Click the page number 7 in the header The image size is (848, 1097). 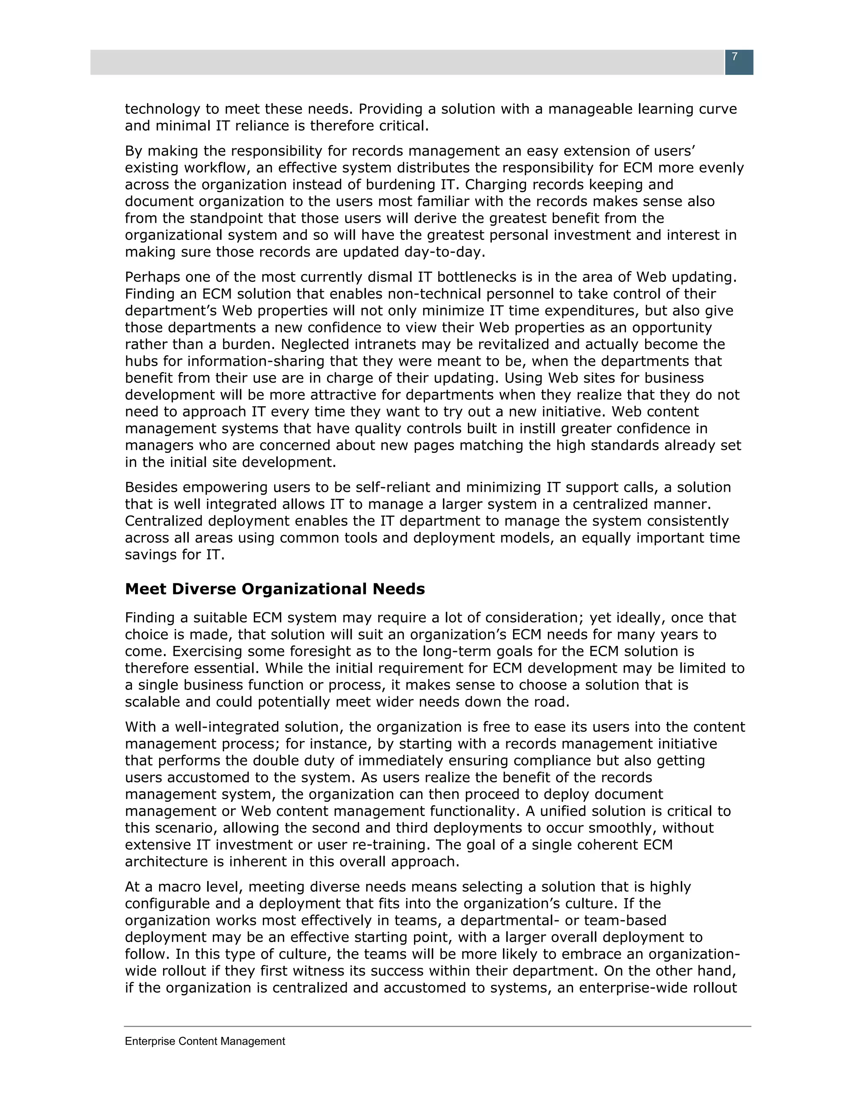[735, 57]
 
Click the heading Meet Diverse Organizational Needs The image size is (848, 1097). [275, 589]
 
